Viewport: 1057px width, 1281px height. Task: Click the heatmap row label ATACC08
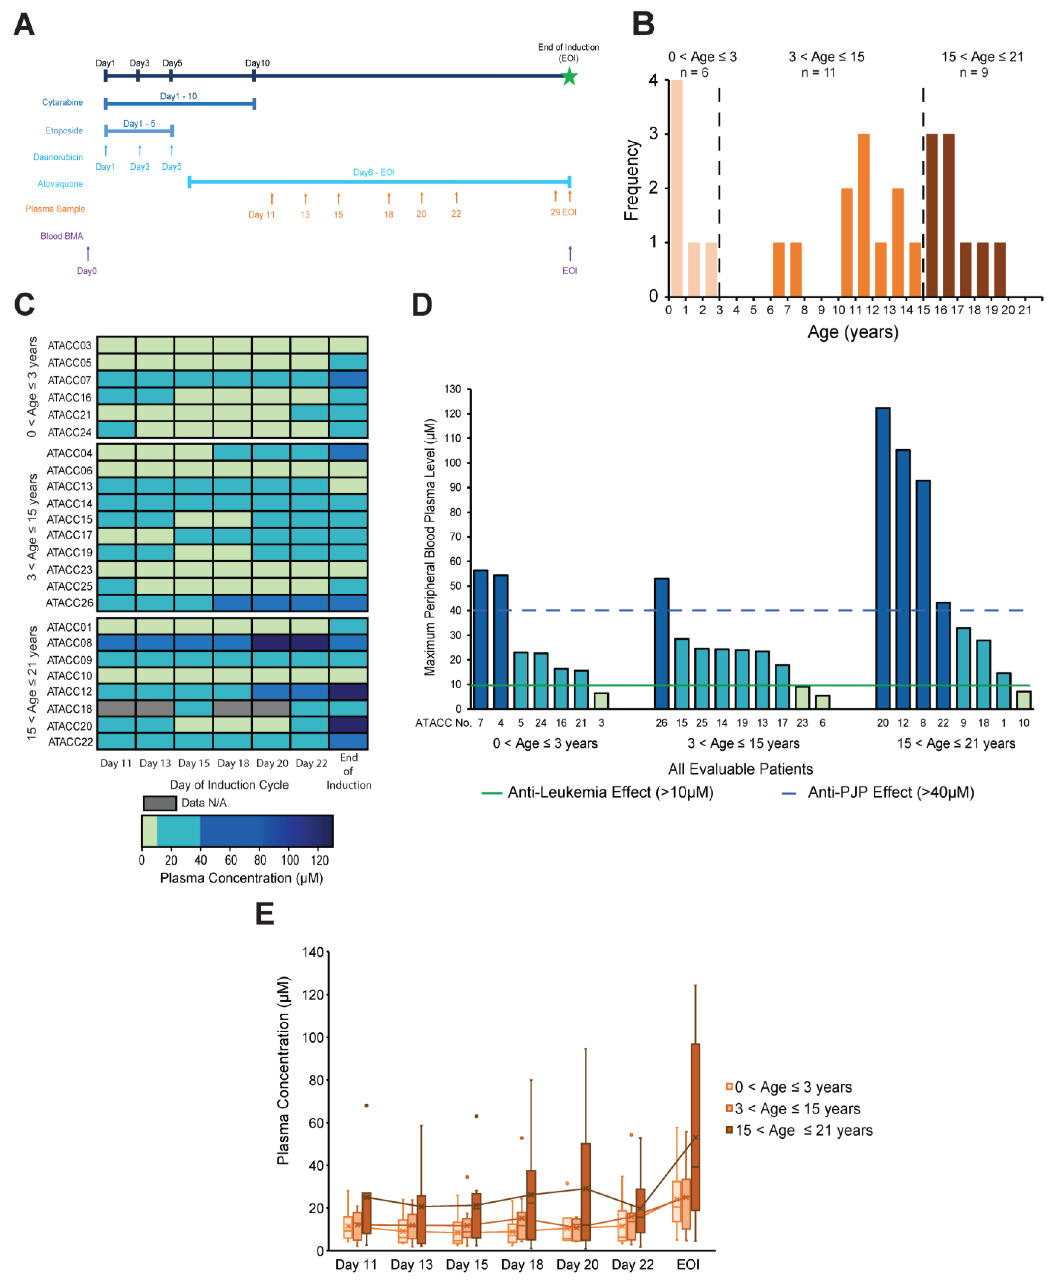point(69,643)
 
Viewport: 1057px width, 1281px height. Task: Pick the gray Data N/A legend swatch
point(160,803)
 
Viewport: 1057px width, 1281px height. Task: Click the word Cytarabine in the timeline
point(62,102)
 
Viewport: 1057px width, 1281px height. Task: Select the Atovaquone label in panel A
point(60,184)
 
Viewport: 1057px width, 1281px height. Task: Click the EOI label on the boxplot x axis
point(688,1264)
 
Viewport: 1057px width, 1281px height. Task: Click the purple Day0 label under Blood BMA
point(87,271)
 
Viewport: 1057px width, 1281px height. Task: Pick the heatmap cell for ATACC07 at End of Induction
point(348,379)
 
